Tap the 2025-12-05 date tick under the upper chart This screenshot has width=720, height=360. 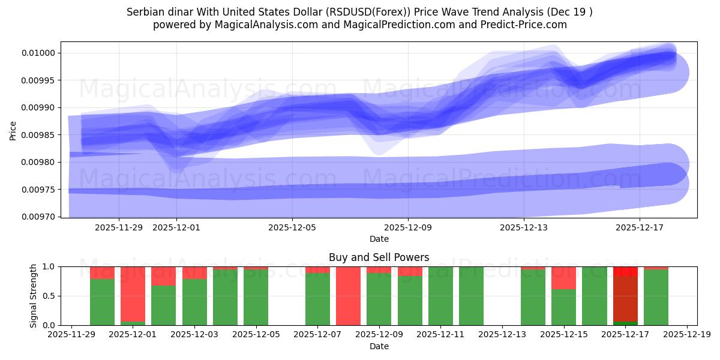(x=292, y=227)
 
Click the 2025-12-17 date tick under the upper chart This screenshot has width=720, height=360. (x=640, y=227)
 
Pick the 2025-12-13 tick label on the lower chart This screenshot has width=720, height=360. (x=502, y=335)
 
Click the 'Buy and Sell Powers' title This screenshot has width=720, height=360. (x=379, y=257)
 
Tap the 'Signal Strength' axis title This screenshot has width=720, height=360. (x=34, y=296)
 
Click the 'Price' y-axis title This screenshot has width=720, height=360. (x=13, y=130)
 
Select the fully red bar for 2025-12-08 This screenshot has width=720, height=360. (x=348, y=296)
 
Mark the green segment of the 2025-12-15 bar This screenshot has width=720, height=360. (x=563, y=307)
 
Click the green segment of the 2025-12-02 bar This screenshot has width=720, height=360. (x=163, y=305)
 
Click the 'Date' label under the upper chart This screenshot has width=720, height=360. (x=379, y=239)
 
